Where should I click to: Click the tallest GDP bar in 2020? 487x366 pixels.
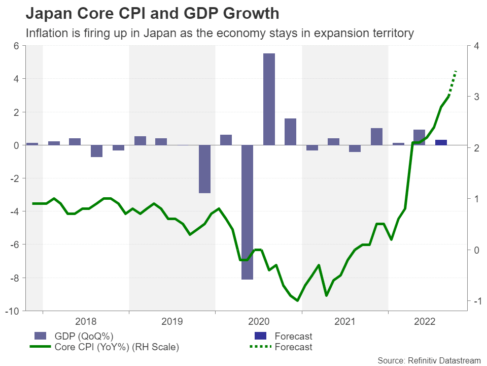[269, 99]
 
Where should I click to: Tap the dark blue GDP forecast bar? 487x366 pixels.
[441, 142]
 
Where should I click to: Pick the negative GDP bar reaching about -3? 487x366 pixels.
[204, 169]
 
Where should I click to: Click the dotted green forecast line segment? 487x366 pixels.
[453, 82]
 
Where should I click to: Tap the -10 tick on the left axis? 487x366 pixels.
[12, 311]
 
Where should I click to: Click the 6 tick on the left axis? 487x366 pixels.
[16, 46]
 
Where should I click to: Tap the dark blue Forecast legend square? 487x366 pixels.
[260, 336]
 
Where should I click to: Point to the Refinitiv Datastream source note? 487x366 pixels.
[429, 360]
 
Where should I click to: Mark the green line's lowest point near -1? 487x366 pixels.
[298, 300]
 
